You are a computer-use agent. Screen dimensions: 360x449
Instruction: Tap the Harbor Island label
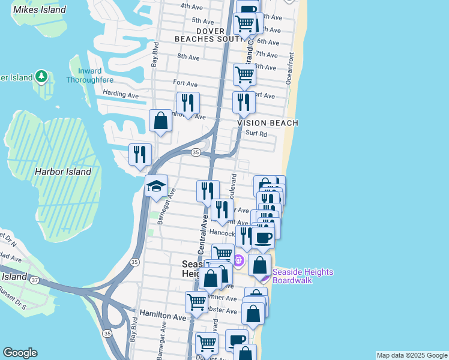[62, 172]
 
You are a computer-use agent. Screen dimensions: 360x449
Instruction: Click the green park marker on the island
[41, 76]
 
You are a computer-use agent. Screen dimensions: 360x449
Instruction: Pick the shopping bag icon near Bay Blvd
[161, 121]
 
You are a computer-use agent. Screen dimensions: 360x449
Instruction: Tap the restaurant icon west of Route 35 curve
[140, 155]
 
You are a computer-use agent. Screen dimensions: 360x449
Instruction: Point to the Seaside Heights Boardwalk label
[303, 276]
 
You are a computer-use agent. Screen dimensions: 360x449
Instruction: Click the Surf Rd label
[256, 134]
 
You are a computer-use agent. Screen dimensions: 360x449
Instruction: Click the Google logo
[20, 353]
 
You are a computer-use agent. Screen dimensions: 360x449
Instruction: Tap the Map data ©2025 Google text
[411, 355]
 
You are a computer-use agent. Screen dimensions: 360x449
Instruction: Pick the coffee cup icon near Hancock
[263, 236]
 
